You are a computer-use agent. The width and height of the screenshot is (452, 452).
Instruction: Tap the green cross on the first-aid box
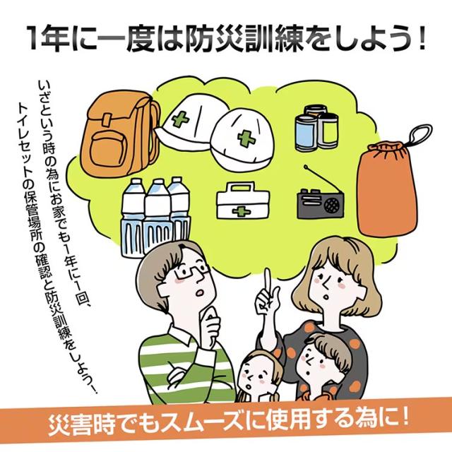pos(242,211)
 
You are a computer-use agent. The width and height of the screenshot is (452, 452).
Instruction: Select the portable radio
pos(321,203)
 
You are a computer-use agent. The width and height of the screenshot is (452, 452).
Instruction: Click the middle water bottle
pos(157,215)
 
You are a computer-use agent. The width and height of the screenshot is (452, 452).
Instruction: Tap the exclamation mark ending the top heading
pos(422,40)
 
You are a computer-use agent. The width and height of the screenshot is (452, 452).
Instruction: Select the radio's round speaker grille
pos(332,204)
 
